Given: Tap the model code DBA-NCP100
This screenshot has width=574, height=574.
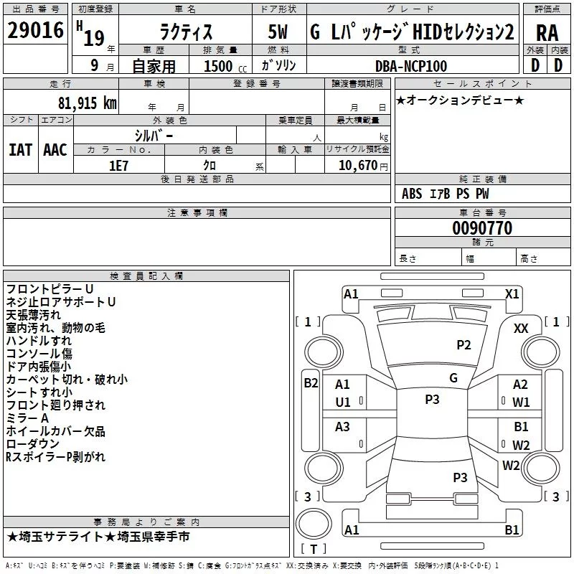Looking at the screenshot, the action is tap(411, 66).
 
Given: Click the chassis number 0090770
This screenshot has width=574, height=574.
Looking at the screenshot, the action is tap(482, 228).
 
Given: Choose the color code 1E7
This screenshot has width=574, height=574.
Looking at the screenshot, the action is tap(119, 166).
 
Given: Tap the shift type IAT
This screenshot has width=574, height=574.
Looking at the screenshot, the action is tap(20, 149).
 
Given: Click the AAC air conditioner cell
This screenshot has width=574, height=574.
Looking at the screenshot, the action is tap(55, 149).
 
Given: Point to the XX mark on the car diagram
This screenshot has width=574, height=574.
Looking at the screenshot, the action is tap(521, 328).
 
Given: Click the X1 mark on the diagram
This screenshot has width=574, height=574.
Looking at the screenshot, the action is tap(512, 293).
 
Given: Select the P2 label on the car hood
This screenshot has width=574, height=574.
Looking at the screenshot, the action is tap(464, 345).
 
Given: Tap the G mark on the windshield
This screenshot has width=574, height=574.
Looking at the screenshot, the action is tap(453, 377).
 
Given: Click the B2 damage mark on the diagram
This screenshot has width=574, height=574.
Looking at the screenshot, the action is tap(311, 382).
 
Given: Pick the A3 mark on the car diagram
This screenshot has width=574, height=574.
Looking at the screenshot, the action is tap(343, 427).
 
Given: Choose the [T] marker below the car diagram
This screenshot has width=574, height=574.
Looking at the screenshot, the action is tap(314, 550).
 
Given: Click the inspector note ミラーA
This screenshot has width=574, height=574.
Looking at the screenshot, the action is tap(28, 418).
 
